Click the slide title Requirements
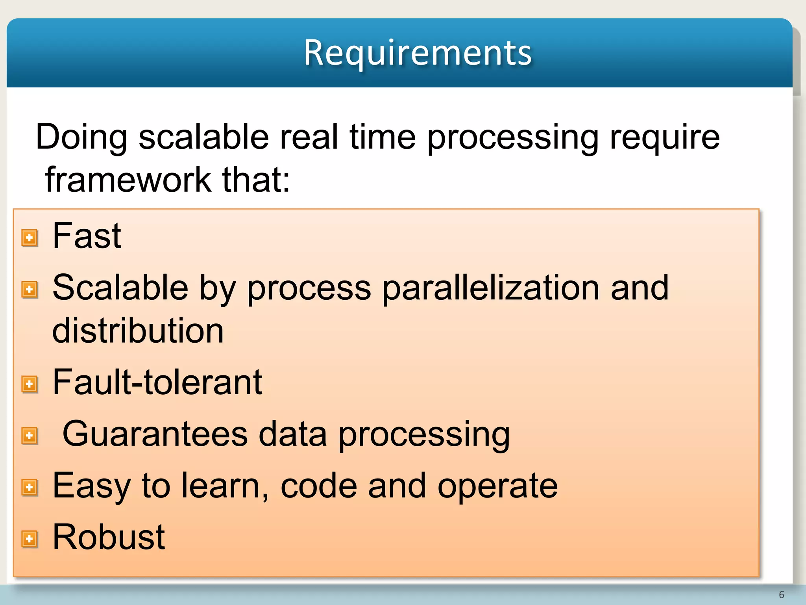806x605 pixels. [x=418, y=53]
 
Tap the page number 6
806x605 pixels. [x=781, y=594]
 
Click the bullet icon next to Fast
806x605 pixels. [x=30, y=238]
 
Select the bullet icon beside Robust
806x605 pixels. [x=30, y=539]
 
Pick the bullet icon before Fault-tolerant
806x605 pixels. [x=30, y=384]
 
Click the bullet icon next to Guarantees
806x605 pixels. [x=30, y=436]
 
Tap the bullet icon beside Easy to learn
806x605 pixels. [x=30, y=487]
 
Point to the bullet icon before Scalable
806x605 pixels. [x=30, y=290]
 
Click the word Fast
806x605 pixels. [x=87, y=236]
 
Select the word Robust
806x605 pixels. [x=109, y=537]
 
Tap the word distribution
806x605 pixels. [x=138, y=330]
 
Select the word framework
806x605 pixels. [x=128, y=180]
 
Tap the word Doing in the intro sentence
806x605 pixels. [x=81, y=137]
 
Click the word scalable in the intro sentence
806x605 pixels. [x=203, y=137]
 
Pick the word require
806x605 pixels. [x=665, y=137]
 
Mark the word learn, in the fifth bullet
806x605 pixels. [x=225, y=486]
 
